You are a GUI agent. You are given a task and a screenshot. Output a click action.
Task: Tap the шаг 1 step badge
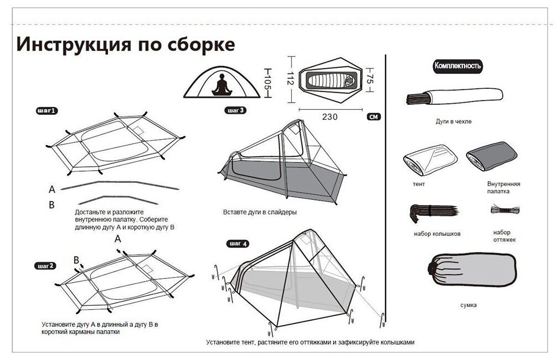pos(46,111)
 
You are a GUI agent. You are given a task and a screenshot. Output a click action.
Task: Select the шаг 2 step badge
pos(45,266)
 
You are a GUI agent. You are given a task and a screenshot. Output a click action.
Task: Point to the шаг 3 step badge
pos(236,110)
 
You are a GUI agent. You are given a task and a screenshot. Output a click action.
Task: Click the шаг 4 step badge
pos(238,243)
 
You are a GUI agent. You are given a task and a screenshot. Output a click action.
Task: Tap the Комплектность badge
pos(458,66)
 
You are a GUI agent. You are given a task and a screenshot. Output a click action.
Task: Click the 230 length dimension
pos(330,117)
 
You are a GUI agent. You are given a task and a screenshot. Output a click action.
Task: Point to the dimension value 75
pos(371,81)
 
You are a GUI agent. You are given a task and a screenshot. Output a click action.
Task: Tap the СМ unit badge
pos(373,117)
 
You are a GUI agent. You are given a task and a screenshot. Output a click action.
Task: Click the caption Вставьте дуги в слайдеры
pos(260,212)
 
